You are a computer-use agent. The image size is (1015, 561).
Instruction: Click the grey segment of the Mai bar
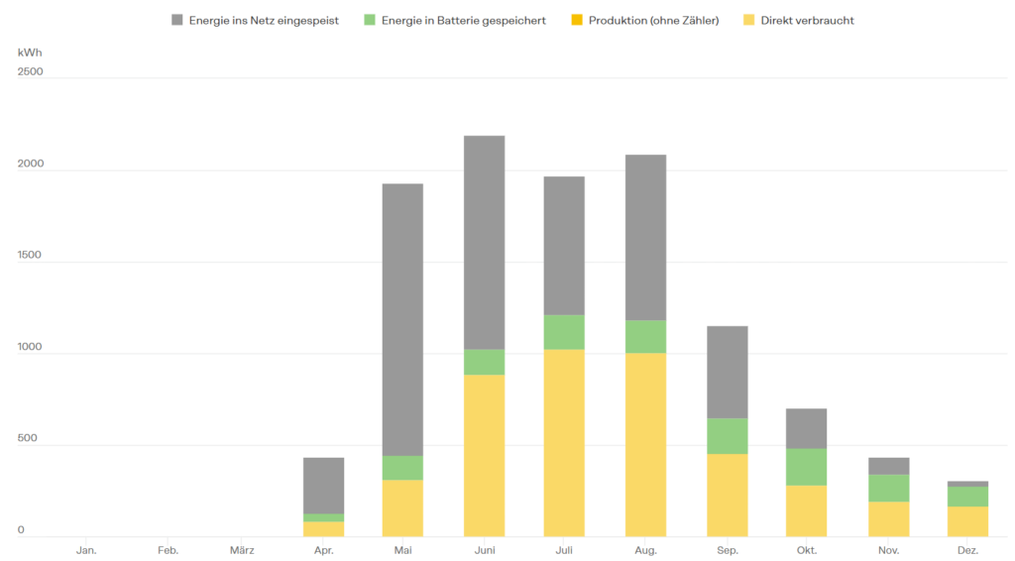coord(402,319)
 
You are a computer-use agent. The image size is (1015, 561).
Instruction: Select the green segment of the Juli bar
coord(564,332)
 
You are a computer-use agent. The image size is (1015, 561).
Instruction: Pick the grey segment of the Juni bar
coord(484,242)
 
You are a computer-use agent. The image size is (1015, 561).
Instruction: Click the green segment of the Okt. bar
coord(806,467)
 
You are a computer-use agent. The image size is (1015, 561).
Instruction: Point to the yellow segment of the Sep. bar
coord(727,495)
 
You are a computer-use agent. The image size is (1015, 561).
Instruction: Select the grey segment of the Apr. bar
coord(323,486)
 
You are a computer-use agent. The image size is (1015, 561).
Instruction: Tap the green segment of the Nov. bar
coord(888,488)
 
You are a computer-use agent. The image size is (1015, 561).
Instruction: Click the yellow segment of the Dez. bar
coord(968,521)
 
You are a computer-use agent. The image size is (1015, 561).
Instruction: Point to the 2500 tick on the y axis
coord(31,71)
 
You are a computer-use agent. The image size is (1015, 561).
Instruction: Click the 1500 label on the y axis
coord(31,255)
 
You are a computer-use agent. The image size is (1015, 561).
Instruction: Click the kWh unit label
coord(30,52)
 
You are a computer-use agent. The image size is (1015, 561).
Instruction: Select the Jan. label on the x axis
coord(86,549)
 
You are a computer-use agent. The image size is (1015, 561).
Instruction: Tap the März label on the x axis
coord(242,549)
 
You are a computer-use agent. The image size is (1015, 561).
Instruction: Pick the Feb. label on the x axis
coord(168,549)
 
